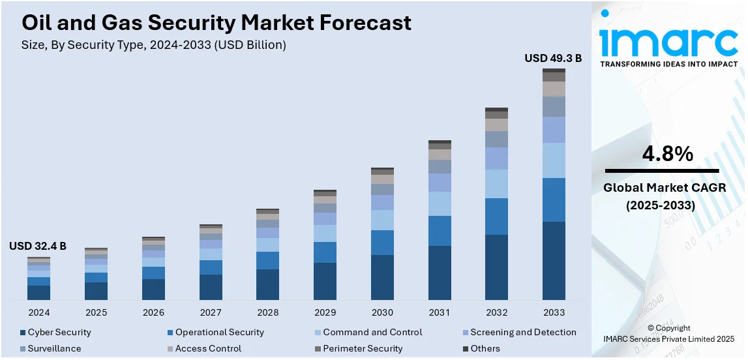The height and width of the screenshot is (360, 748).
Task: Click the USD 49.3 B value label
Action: coord(553,59)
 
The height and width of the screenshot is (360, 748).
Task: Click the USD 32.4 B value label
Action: coord(38,247)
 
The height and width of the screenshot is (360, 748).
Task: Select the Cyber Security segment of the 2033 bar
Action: coord(554,261)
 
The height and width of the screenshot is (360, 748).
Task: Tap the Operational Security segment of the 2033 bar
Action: coord(554,200)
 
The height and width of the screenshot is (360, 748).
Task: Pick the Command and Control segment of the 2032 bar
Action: coord(496,184)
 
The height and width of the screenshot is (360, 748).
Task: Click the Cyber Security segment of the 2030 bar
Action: coord(382,277)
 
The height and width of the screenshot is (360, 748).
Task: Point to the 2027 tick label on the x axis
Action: coord(211,312)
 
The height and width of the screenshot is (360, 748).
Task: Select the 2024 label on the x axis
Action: coord(38,312)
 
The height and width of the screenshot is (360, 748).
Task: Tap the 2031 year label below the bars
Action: coord(440,312)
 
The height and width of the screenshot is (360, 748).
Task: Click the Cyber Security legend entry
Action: coord(59,333)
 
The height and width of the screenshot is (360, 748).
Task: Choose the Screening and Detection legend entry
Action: coord(523,333)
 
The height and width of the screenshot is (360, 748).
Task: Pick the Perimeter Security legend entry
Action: coord(363,349)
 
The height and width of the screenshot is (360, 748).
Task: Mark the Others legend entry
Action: coord(485,349)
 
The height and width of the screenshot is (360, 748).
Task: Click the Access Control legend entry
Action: coord(208,349)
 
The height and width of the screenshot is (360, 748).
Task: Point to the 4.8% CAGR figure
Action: coord(668,154)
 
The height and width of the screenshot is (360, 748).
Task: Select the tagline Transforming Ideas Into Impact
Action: coord(668,64)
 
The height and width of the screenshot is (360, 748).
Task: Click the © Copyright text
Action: coord(669,328)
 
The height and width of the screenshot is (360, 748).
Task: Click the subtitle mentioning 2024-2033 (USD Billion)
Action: coord(154,45)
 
